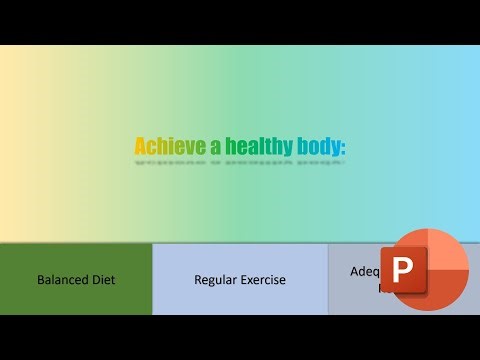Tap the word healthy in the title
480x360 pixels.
tap(258, 146)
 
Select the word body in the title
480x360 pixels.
tap(318, 146)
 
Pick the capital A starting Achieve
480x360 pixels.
tap(140, 146)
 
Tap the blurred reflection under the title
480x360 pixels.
tap(240, 160)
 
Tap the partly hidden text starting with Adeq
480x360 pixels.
tap(364, 271)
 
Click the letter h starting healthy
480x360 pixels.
tap(228, 146)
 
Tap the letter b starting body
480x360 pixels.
tap(301, 146)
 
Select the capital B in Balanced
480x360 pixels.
tap(41, 280)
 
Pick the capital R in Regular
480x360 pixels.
tap(198, 280)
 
